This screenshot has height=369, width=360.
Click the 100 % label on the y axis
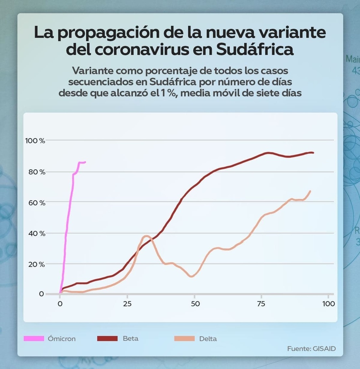tap(35, 141)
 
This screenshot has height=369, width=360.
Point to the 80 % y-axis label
tap(37, 172)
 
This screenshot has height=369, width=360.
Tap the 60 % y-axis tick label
tap(37, 203)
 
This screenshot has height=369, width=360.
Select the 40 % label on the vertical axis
tap(37, 234)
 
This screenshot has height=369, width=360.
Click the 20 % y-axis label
tap(37, 264)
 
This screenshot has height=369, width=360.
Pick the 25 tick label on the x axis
tap(127, 304)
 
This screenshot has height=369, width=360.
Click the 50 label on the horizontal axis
tap(195, 304)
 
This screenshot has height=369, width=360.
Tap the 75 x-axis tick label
tap(261, 304)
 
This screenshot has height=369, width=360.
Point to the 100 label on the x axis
tap(328, 304)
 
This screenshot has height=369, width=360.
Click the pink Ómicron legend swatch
tap(34, 339)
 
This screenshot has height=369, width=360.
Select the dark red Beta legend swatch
tap(107, 339)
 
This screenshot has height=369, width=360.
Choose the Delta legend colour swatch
tap(185, 339)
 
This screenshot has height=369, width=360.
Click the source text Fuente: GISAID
tap(311, 349)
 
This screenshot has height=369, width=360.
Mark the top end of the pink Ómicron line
tap(85, 162)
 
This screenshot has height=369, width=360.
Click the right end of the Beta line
tap(313, 153)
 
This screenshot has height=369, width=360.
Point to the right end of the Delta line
tap(310, 191)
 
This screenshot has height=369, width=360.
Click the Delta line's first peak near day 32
tap(146, 236)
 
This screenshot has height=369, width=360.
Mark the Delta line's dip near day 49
tap(192, 277)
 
